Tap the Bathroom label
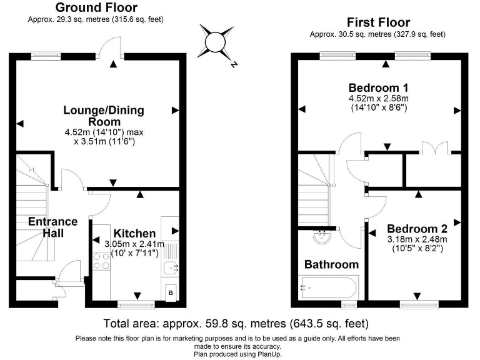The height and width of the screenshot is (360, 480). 331,264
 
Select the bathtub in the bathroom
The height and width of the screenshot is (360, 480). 329,288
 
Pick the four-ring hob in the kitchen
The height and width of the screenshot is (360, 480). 101,261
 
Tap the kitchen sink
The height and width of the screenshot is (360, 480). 169,268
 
